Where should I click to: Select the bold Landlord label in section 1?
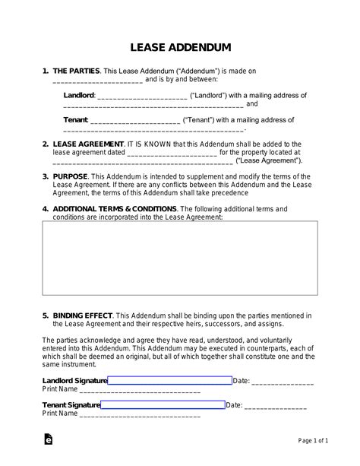click(x=79, y=96)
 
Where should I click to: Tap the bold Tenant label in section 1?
click(x=75, y=120)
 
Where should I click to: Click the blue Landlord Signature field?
click(x=169, y=380)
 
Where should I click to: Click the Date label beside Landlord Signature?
click(x=241, y=380)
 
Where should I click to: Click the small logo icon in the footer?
click(x=49, y=440)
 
